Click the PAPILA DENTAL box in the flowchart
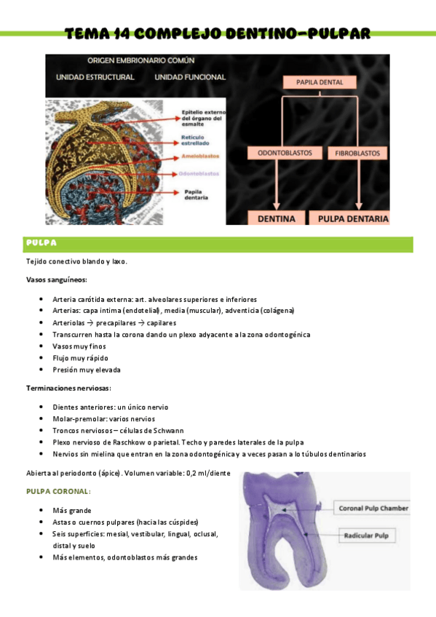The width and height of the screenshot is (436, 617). tap(320, 82)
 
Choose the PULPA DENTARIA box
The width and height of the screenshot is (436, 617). tap(349, 218)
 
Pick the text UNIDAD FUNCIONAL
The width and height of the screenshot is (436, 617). tap(190, 76)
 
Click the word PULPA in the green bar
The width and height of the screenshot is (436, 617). tap(41, 242)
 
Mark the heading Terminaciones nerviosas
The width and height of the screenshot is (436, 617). tap(68, 388)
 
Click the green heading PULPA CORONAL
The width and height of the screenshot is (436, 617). tap(58, 492)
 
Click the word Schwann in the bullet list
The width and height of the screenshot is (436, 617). tap(169, 430)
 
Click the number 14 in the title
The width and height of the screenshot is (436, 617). tap(122, 33)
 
